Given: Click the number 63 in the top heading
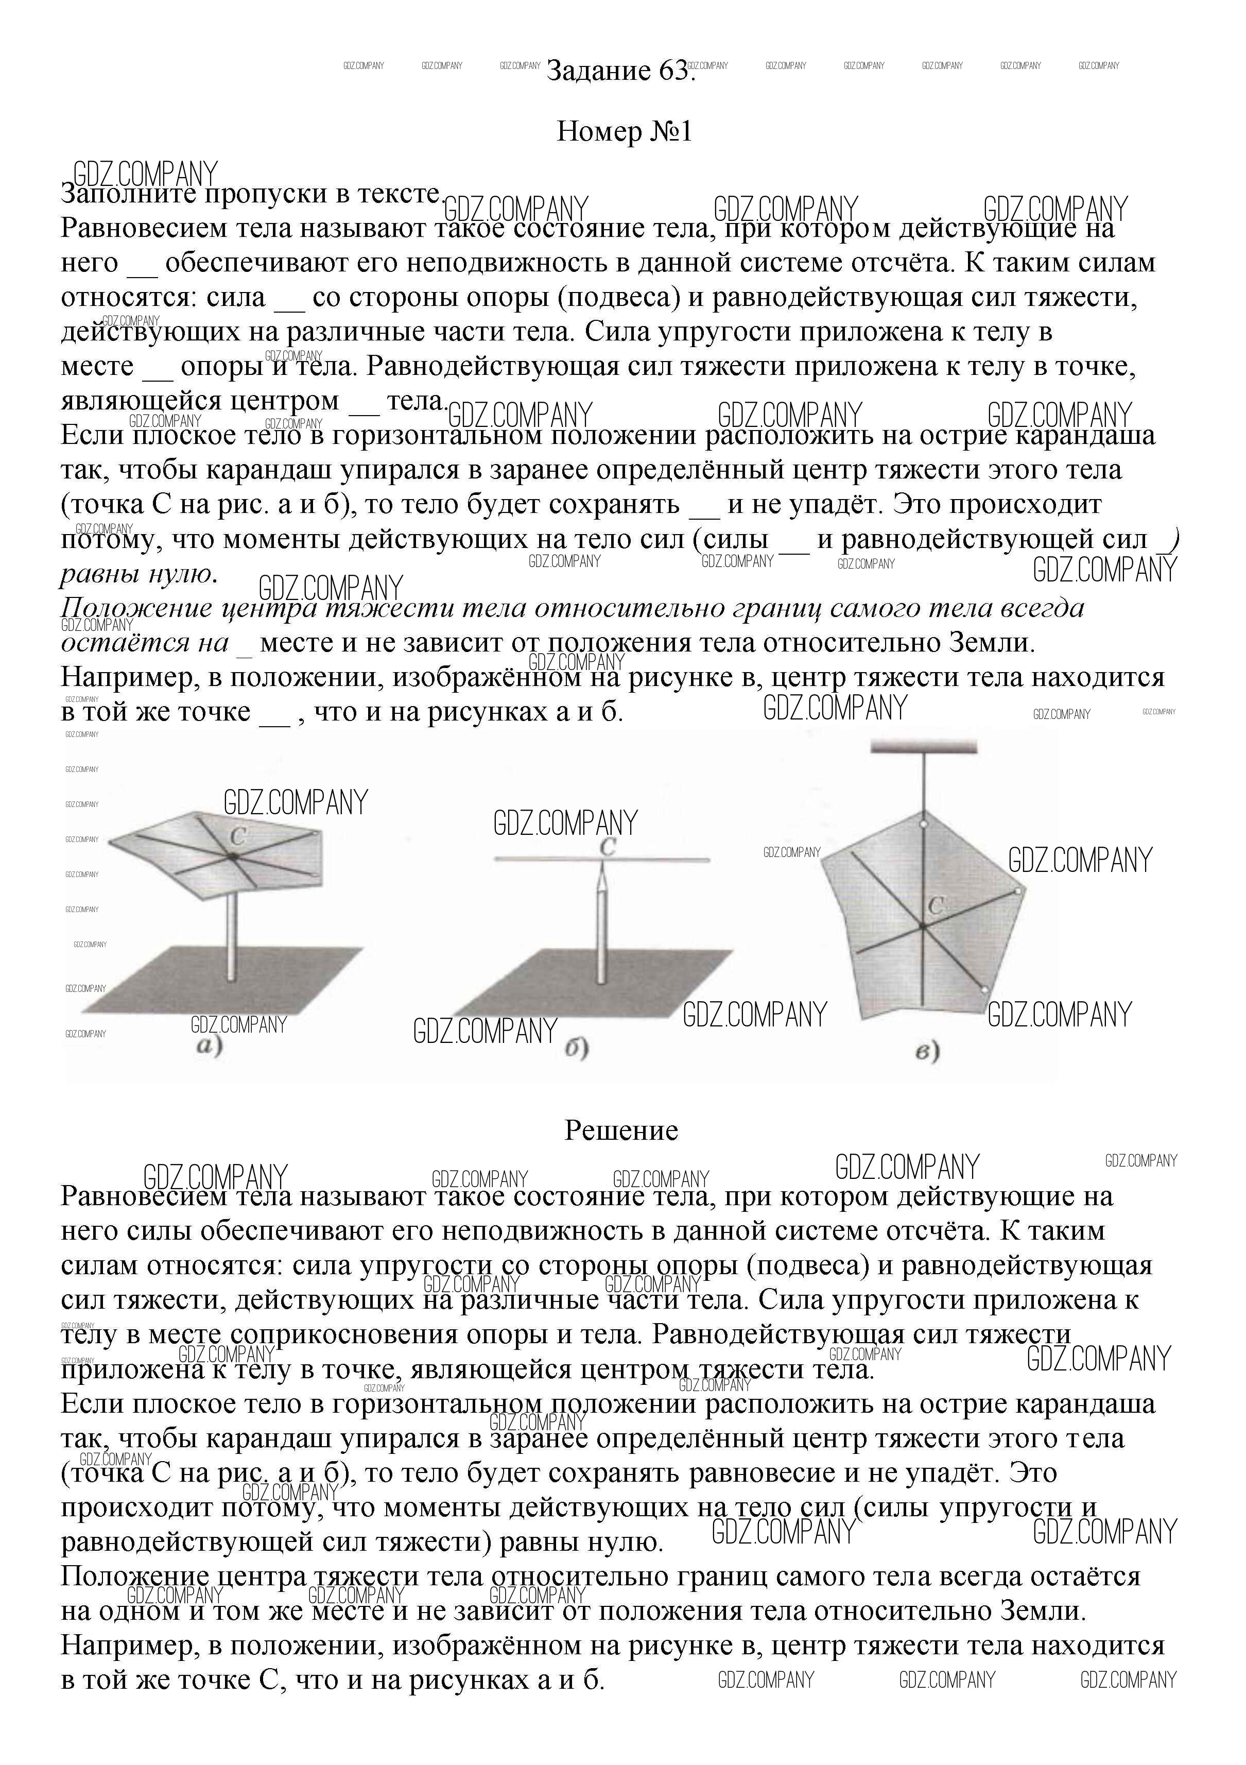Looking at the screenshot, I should tap(674, 72).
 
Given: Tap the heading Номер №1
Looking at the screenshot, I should tap(624, 132).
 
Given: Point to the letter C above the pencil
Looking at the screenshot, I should tap(607, 847).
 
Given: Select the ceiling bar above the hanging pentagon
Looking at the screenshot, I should tap(923, 746).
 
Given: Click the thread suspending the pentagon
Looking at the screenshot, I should tap(923, 780).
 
